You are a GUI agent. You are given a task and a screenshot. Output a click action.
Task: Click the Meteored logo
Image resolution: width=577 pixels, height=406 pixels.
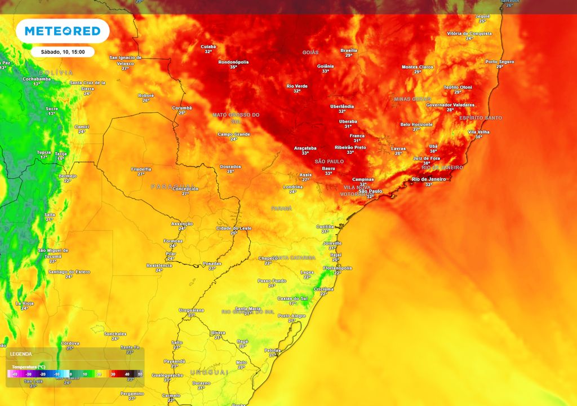pyautogui.click(x=62, y=31)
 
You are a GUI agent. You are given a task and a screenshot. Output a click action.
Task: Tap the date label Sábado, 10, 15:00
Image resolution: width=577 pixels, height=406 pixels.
pyautogui.click(x=63, y=52)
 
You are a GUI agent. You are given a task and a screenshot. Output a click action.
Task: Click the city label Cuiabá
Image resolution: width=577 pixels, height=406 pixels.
pyautogui.click(x=208, y=47)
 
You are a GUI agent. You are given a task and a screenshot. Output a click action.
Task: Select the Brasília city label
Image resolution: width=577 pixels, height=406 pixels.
pyautogui.click(x=349, y=50)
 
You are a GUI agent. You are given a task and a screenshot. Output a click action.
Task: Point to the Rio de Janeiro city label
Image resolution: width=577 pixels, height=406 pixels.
pyautogui.click(x=429, y=179)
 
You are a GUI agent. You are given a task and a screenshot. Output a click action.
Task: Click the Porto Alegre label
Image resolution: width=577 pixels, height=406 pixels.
pyautogui.click(x=291, y=316)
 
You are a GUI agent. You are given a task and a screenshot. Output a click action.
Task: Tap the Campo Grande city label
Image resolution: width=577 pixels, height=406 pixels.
pyautogui.click(x=233, y=134)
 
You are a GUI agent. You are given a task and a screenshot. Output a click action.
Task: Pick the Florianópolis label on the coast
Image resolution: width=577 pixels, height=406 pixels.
pyautogui.click(x=338, y=268)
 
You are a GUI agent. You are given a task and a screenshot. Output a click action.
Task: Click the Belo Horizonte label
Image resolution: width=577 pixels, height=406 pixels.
pyautogui.click(x=416, y=124)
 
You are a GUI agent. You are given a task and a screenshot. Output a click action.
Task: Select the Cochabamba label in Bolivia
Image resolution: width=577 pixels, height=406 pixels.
pyautogui.click(x=37, y=79)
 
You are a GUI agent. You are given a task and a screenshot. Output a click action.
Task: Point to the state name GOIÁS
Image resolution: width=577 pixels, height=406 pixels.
pyautogui.click(x=310, y=52)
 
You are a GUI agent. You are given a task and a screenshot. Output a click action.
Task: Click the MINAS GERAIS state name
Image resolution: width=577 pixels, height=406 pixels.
pyautogui.click(x=412, y=99)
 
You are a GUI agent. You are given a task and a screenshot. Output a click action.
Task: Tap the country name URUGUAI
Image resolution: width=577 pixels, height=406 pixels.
pyautogui.click(x=209, y=372)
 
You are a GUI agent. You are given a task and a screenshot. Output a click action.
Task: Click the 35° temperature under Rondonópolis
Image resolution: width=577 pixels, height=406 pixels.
pyautogui.click(x=233, y=67)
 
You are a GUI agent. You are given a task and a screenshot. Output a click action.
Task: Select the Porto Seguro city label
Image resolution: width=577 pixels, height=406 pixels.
pyautogui.click(x=500, y=61)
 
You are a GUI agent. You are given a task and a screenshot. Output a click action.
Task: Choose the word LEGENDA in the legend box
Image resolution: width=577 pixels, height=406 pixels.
pyautogui.click(x=21, y=354)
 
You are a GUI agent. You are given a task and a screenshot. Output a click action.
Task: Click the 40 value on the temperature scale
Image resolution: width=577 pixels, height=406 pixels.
pyautogui.click(x=127, y=374)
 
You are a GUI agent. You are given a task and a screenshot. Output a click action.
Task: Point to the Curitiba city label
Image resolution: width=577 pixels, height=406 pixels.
pyautogui.click(x=325, y=226)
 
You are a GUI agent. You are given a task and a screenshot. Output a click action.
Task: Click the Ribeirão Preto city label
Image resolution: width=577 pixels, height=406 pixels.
pyautogui.click(x=350, y=147)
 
